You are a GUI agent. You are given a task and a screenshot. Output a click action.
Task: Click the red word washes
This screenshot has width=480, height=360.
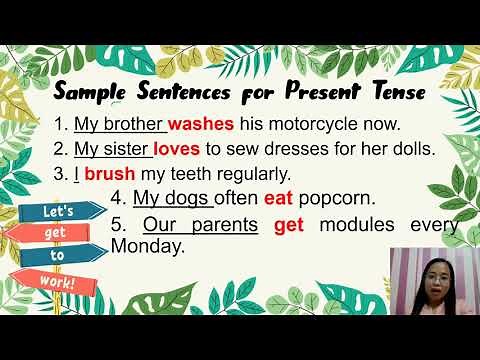pos(200,125)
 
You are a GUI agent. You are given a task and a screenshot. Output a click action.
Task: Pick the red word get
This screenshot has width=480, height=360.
pos(289,224)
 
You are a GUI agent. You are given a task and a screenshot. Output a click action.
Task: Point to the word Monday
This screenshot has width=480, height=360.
pos(147,245)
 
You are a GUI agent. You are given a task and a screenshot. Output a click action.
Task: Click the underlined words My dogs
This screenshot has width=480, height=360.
pos(166,197)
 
